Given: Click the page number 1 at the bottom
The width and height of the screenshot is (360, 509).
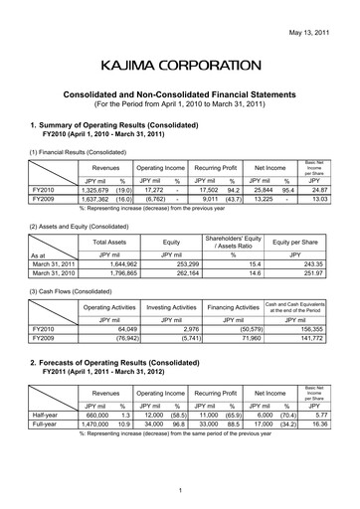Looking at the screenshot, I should point(180,491).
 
